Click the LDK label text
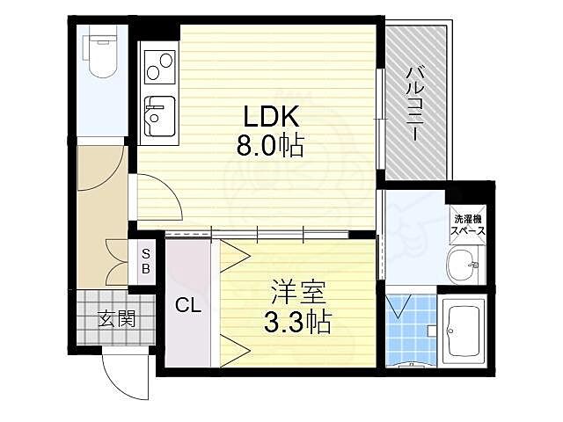pos(268,117)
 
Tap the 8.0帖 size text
pos(268,145)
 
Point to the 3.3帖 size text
pos(296,323)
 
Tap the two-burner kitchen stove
pos(159,65)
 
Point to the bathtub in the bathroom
pos(465,330)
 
